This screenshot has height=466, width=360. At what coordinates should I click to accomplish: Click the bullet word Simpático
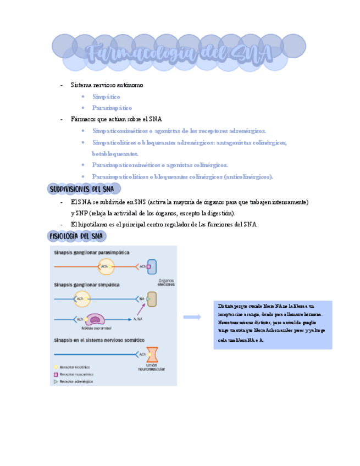pos(106,97)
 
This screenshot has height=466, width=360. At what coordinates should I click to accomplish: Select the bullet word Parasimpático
pos(112,108)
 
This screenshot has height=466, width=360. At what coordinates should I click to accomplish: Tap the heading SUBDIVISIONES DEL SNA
pos(81,189)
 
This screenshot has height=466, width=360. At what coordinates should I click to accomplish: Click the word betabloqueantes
pos(115,154)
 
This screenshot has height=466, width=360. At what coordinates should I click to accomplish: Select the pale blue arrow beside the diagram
pos(192,317)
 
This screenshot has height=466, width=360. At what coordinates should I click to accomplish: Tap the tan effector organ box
pos(152,299)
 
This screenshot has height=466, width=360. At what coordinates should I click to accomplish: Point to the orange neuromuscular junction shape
pos(152,354)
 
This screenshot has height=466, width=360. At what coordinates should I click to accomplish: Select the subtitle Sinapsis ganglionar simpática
pos(86,285)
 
